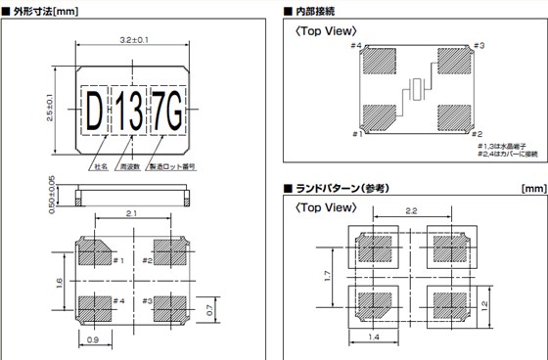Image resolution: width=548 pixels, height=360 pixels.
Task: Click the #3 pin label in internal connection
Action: [478, 45]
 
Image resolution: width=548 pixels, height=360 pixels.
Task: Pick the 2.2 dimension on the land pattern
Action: [411, 210]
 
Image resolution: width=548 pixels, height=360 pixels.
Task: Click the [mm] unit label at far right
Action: [533, 187]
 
